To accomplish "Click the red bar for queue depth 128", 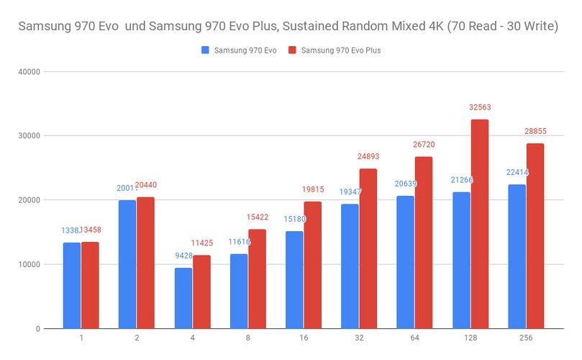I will coord(480,224).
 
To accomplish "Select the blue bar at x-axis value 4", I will coord(183,298).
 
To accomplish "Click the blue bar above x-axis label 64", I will coord(406,262).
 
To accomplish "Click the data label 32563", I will coord(480,107).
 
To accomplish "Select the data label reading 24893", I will coord(368,156).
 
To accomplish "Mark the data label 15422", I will coord(257,217).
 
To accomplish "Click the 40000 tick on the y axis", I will coord(29,71).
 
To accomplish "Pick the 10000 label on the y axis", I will coord(29,264).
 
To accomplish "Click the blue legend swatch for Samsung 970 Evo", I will coord(206,50).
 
